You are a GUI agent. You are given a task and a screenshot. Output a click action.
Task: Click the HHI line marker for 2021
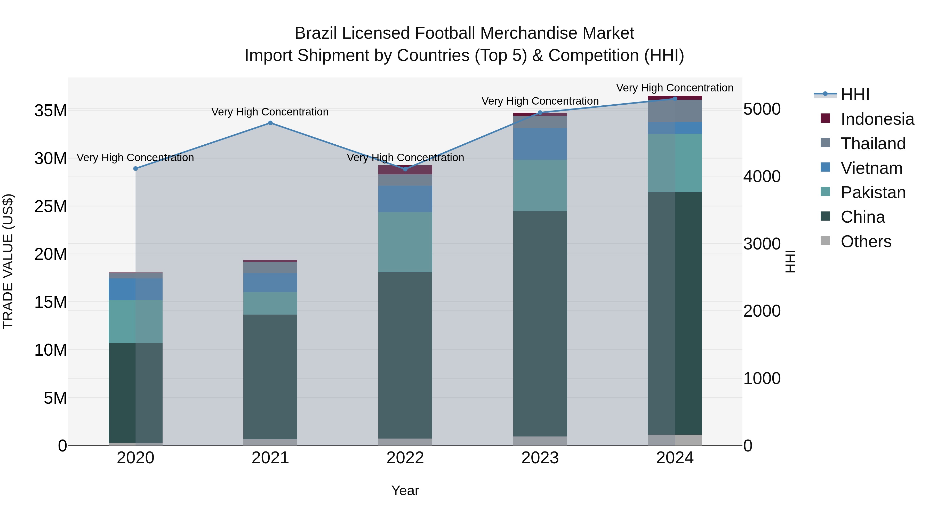270,123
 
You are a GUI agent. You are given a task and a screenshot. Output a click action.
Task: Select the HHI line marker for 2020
135,169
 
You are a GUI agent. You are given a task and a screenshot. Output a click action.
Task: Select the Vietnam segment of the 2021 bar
270,283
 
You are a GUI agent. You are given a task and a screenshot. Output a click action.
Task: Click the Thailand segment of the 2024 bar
675,111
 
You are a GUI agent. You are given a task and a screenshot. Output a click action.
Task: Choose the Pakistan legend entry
873,192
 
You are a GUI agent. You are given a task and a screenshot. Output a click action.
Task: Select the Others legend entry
866,241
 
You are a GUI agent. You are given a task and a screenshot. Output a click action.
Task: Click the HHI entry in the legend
855,95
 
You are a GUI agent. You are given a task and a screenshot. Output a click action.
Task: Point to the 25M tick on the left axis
51,206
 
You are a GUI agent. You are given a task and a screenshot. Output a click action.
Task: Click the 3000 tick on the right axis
762,244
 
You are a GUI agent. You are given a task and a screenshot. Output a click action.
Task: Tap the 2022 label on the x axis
405,458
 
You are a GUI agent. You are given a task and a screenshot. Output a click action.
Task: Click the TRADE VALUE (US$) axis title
8,261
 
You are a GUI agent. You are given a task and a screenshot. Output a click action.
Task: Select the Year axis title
405,490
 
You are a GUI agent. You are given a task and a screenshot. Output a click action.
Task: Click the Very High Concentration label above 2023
540,101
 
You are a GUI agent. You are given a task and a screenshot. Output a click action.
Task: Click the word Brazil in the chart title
316,33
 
